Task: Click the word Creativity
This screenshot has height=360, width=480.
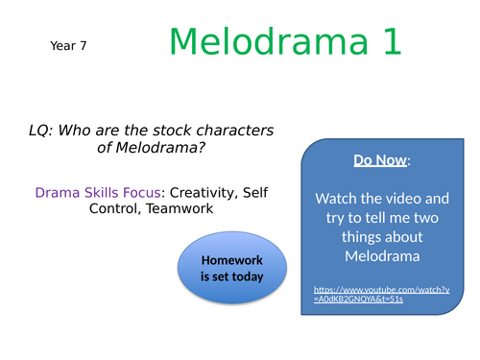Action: coord(192,193)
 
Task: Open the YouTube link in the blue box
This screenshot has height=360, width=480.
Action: coord(382,294)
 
